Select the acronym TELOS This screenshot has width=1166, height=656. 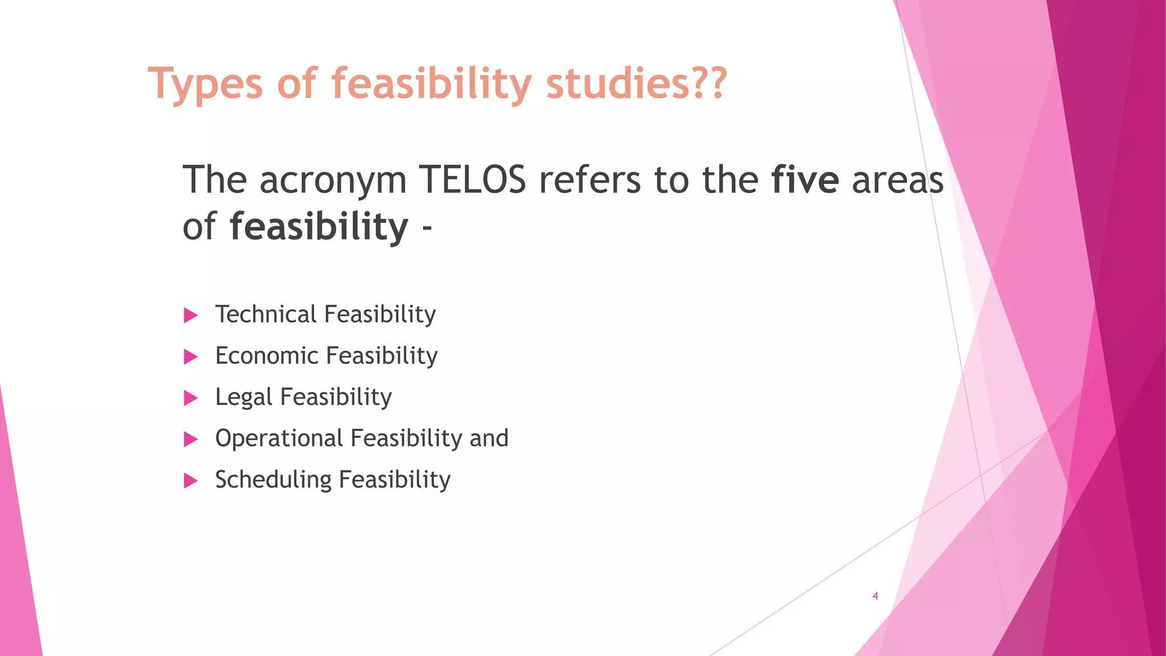(472, 180)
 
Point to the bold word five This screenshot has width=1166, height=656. (804, 180)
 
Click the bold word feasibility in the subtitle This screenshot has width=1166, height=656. (319, 226)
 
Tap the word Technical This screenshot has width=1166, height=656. (265, 314)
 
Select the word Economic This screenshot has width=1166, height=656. (266, 356)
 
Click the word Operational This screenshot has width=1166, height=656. (279, 438)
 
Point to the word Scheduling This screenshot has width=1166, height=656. (273, 480)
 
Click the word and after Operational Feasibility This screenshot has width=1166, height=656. (488, 438)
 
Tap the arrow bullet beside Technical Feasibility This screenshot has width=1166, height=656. (191, 315)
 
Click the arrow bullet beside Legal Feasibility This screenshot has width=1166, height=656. (191, 398)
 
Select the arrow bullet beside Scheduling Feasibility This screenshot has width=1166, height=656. (191, 481)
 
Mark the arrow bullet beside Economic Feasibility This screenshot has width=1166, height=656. (191, 357)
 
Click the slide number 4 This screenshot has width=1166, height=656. (875, 596)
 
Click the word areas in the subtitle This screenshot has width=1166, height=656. (897, 180)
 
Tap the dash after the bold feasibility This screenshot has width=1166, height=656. (427, 229)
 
